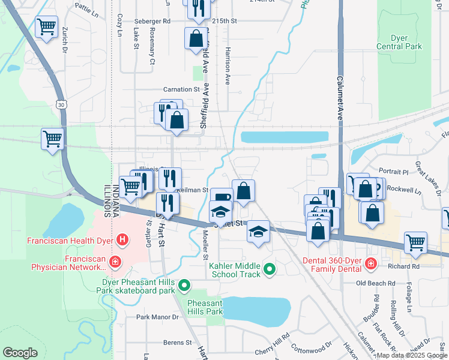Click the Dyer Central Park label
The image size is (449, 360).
point(399,42)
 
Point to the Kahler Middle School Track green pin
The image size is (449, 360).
point(270,270)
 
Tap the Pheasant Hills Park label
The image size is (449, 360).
point(205,307)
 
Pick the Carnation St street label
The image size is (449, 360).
point(181,89)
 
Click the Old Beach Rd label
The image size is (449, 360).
point(376,283)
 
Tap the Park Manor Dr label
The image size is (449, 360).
point(158,317)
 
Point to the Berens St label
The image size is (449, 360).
point(176,343)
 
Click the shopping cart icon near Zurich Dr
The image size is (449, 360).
point(46,26)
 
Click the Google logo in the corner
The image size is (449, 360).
point(20,353)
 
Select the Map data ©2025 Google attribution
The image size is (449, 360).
point(412,355)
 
